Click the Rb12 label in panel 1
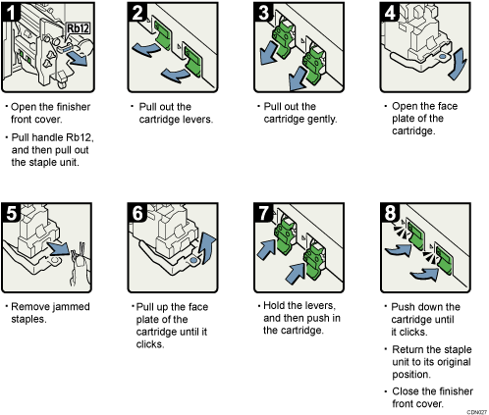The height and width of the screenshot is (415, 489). point(80,29)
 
